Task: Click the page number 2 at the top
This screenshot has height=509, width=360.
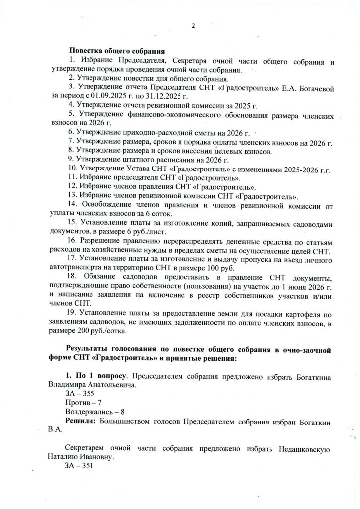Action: click(180, 26)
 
